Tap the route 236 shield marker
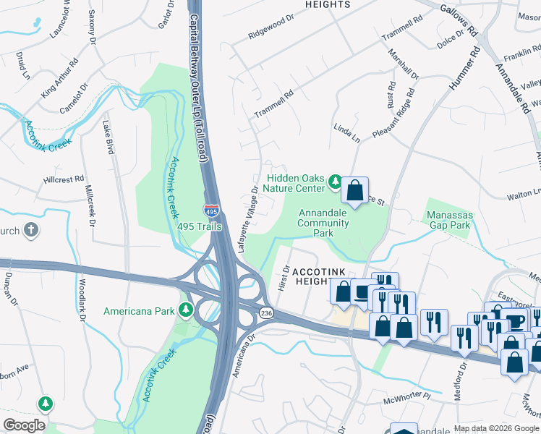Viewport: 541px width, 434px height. [266, 312]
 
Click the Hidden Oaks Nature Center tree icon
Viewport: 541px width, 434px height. [334, 181]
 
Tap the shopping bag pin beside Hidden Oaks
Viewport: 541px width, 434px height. [354, 192]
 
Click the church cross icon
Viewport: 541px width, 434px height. [30, 231]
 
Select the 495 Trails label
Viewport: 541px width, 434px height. [203, 226]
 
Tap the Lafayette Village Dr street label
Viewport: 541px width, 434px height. [247, 220]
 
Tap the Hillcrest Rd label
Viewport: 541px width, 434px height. [64, 178]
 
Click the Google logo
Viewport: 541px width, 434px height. [24, 425]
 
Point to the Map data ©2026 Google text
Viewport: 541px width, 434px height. [495, 428]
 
